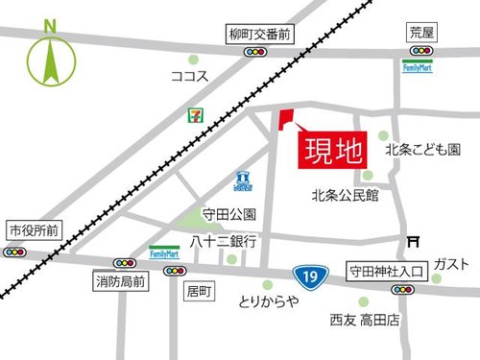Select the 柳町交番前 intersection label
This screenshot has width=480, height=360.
[x=259, y=34]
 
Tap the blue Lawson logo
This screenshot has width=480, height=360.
[x=243, y=180]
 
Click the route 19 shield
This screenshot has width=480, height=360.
[x=306, y=276]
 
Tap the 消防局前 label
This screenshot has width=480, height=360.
[x=121, y=281]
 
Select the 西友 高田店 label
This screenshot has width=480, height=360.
[x=365, y=320]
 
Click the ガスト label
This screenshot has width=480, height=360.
[x=451, y=264]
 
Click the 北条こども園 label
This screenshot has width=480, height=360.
[x=423, y=151]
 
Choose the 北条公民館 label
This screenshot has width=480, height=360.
[x=346, y=195]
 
